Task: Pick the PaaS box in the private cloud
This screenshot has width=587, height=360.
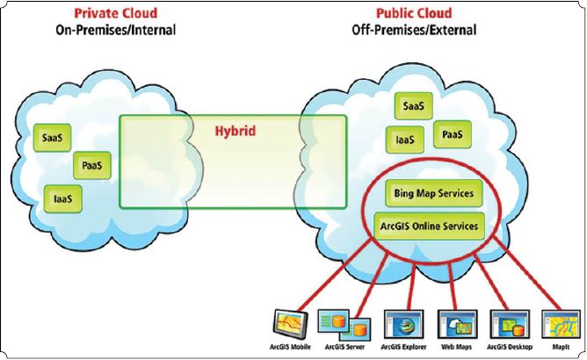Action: tap(91, 164)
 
